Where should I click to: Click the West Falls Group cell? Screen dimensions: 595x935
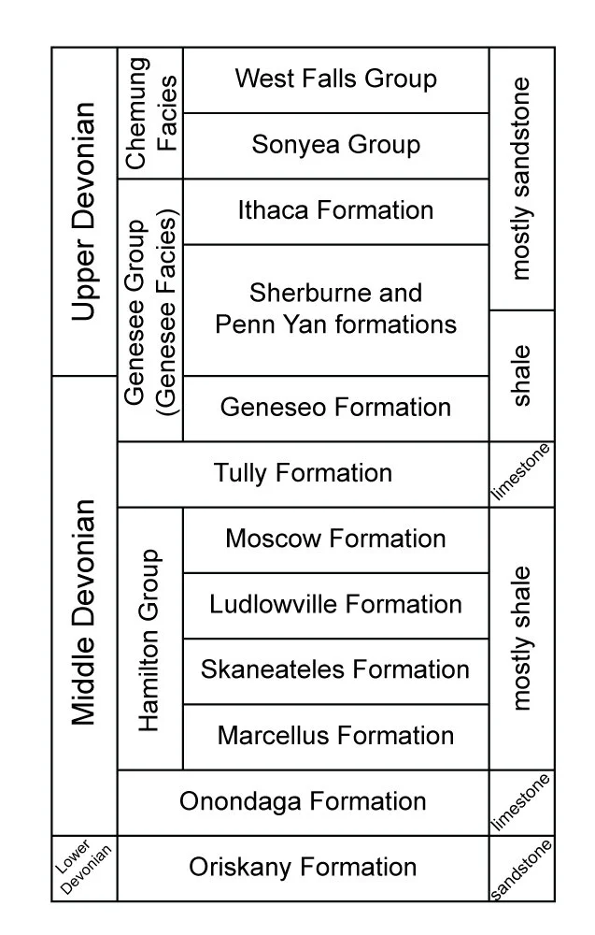[x=335, y=79]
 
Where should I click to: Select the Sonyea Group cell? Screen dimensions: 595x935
[x=335, y=145]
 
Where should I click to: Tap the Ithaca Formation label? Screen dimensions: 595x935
[x=335, y=210]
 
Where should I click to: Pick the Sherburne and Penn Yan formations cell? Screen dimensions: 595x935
[x=335, y=309]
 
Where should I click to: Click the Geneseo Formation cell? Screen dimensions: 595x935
[x=335, y=408]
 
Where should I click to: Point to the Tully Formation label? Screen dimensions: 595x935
[x=303, y=473]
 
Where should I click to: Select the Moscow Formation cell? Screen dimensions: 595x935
[x=335, y=539]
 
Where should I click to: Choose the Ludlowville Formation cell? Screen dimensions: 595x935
[x=335, y=604]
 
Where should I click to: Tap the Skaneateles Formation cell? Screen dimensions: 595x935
[x=335, y=670]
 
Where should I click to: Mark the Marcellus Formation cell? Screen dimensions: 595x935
[x=335, y=736]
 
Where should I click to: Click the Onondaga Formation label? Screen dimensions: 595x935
[x=303, y=801]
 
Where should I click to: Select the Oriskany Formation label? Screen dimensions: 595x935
[x=303, y=868]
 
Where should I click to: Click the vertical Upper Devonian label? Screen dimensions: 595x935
[x=84, y=210]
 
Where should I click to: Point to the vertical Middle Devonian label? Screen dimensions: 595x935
[x=84, y=612]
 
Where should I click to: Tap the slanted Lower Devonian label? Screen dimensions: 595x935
[x=84, y=868]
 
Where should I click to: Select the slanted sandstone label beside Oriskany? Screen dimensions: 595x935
[x=521, y=870]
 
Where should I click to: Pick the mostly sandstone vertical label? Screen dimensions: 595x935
[x=521, y=178]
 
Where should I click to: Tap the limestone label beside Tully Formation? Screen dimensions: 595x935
[x=521, y=473]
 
